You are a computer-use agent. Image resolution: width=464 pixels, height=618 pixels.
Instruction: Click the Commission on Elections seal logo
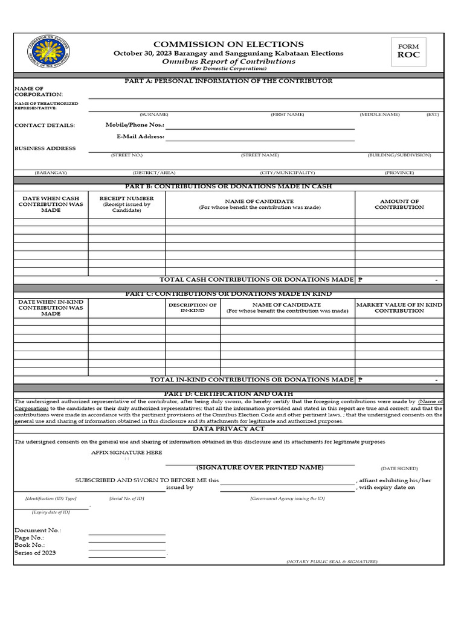click(48, 53)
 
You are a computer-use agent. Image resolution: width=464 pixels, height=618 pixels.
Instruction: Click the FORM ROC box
click(408, 51)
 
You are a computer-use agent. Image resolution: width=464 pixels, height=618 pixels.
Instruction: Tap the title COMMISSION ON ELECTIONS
click(228, 44)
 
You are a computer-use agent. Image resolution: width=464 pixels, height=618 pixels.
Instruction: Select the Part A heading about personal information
click(228, 81)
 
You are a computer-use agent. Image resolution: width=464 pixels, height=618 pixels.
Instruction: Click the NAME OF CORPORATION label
click(38, 92)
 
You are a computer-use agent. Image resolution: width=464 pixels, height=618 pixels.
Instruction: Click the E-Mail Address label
click(140, 137)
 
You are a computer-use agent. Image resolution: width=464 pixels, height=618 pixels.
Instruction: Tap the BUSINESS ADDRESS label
click(45, 148)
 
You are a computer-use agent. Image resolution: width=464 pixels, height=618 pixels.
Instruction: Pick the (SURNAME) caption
click(154, 114)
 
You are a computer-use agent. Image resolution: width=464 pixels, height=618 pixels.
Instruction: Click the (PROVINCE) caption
click(399, 173)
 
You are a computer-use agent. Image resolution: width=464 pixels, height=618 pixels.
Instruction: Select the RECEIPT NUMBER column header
click(126, 204)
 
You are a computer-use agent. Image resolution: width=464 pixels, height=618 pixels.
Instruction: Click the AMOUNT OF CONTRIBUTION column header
click(399, 204)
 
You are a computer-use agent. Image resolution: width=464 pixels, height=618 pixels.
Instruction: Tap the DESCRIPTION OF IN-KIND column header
click(192, 308)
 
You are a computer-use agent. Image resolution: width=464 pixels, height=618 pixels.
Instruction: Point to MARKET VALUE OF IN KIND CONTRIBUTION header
click(399, 308)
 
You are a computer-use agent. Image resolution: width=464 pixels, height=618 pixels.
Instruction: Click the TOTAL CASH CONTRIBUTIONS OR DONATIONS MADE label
click(256, 279)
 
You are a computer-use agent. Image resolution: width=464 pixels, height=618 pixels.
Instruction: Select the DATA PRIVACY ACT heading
click(228, 428)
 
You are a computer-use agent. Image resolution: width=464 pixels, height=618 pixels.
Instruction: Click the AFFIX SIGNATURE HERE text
click(126, 453)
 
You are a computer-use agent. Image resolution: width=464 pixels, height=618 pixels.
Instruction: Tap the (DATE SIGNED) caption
click(399, 468)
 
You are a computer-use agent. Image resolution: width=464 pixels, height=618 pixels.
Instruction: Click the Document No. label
click(37, 530)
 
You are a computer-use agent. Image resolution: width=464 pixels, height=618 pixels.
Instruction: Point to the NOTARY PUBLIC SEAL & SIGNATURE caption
click(332, 561)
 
